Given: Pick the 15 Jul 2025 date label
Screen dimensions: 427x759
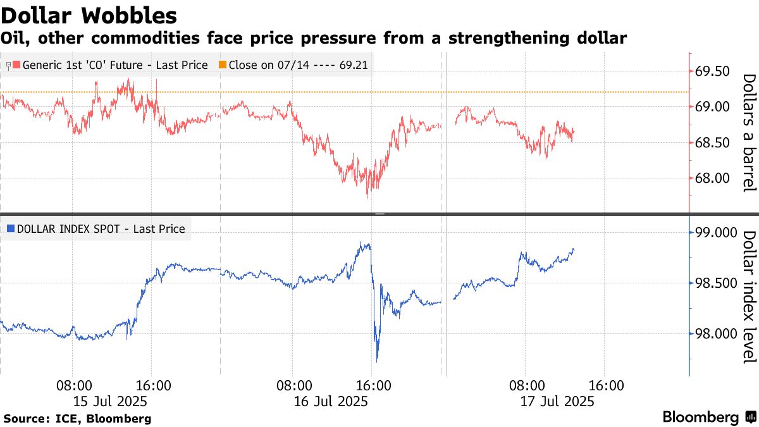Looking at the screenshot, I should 111,401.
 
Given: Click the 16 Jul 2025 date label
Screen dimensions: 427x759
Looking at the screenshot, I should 331,401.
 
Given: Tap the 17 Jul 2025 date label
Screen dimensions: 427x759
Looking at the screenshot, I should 557,401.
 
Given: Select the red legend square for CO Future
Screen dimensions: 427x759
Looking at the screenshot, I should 16,65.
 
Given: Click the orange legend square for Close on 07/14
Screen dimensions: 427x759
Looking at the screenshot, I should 223,65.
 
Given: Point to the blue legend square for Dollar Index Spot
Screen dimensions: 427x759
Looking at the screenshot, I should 9,229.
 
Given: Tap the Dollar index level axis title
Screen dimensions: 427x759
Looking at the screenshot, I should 748,297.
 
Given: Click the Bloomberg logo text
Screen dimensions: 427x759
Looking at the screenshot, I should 701,418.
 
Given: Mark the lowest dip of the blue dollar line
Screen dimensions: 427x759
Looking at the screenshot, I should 377,361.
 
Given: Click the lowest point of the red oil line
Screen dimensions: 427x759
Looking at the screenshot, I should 367,198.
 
